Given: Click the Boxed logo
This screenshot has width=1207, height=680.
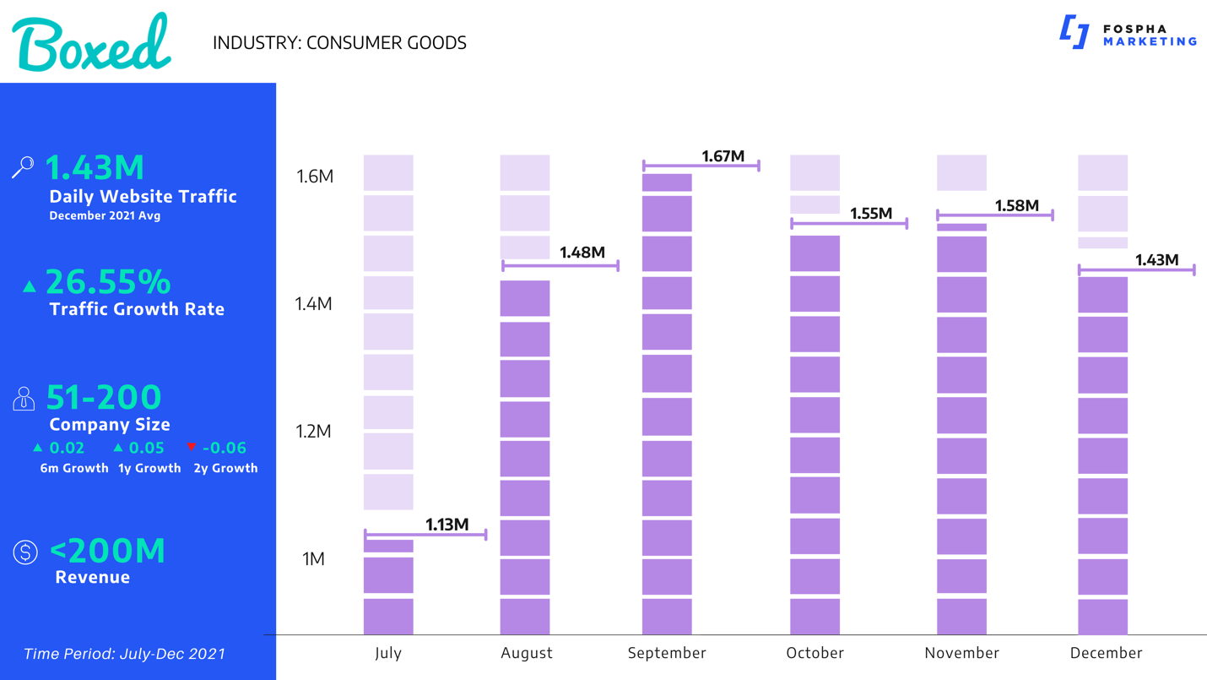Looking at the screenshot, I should (x=91, y=42).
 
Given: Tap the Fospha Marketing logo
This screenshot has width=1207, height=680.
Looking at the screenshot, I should (x=1127, y=34).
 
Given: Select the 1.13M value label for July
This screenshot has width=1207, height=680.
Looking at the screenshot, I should (x=447, y=525).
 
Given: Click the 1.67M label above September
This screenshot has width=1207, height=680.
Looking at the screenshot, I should (x=723, y=156).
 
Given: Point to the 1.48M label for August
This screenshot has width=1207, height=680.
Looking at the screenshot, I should (x=582, y=253).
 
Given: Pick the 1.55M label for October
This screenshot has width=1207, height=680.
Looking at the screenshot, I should (x=871, y=214).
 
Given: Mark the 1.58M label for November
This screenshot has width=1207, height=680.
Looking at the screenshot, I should (x=1017, y=205).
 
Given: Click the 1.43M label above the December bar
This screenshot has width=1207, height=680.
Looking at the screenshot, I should (x=1156, y=260).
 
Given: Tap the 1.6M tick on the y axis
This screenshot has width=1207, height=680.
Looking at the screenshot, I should (x=315, y=177).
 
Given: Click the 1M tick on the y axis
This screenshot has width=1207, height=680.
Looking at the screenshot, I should (x=313, y=559).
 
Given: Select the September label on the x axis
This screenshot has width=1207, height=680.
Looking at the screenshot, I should (x=667, y=653).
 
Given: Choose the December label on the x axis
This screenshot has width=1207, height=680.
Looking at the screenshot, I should (x=1106, y=653).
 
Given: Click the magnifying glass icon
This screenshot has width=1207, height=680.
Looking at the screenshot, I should (x=23, y=167).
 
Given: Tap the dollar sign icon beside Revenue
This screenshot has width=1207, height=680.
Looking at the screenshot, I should (x=25, y=552).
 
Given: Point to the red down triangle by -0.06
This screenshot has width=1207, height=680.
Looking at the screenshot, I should (x=192, y=447).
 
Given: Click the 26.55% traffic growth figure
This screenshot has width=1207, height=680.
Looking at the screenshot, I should (x=108, y=282).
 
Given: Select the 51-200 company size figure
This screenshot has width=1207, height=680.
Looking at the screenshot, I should (x=104, y=397).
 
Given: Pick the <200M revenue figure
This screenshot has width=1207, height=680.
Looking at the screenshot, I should (x=108, y=551).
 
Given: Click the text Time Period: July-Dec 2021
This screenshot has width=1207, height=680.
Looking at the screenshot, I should (x=124, y=654).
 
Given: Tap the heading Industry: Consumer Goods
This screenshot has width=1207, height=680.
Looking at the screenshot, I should (x=339, y=43).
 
